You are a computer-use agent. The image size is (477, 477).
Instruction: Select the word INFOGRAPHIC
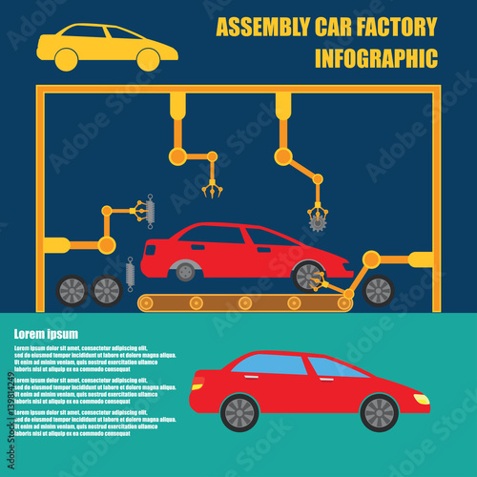pyautogui.click(x=376, y=58)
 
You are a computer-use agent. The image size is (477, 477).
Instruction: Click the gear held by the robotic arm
pyautogui.click(x=317, y=222)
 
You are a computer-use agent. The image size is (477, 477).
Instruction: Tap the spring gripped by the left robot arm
pyautogui.click(x=148, y=211)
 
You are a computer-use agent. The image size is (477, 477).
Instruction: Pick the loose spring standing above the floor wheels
pyautogui.click(x=130, y=274)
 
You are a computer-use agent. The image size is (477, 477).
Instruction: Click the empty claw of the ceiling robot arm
pyautogui.click(x=212, y=187)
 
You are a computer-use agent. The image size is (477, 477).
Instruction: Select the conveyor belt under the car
pyautogui.click(x=244, y=303)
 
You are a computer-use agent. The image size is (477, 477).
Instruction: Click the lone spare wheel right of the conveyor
pyautogui.click(x=379, y=290)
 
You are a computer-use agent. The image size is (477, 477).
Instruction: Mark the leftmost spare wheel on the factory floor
pyautogui.click(x=73, y=290)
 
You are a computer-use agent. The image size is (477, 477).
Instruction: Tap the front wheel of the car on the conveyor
pyautogui.click(x=308, y=275)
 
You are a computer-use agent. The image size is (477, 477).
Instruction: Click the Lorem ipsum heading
pyautogui.click(x=46, y=334)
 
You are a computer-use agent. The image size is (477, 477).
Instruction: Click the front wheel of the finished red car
pyautogui.click(x=379, y=412)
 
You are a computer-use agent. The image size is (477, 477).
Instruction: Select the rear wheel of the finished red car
pyautogui.click(x=239, y=412)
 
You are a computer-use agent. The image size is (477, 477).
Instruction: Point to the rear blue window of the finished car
pyautogui.click(x=270, y=365)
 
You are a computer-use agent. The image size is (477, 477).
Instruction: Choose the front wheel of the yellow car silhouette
pyautogui.click(x=148, y=60)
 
